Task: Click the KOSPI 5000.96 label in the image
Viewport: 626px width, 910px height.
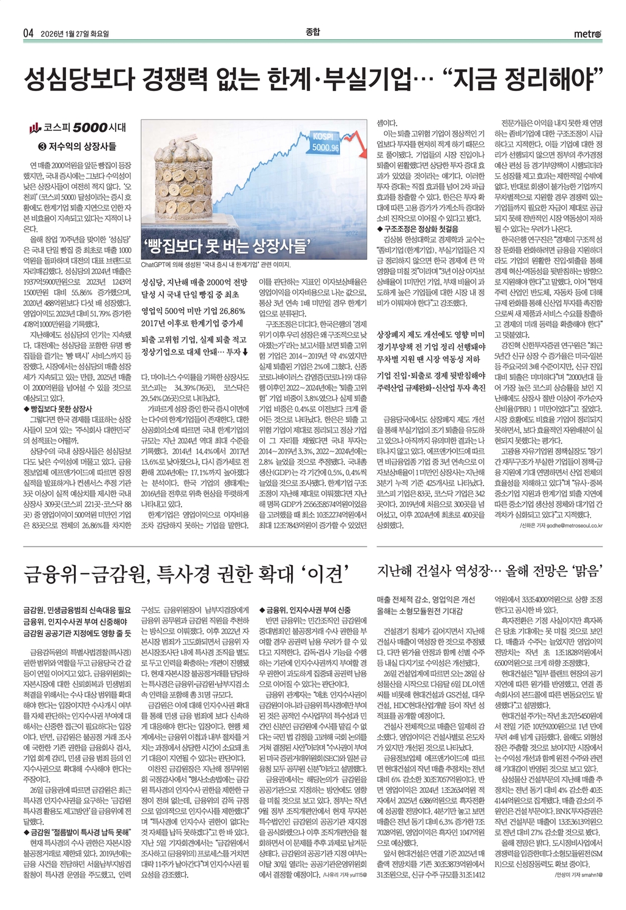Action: (325, 142)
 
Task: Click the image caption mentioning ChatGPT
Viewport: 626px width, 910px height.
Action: (216, 265)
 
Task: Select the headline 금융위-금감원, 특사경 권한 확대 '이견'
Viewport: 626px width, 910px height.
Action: (186, 574)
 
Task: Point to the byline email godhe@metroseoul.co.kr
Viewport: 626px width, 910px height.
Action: (570, 525)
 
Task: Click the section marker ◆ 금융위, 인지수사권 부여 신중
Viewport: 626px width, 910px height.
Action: (306, 610)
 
